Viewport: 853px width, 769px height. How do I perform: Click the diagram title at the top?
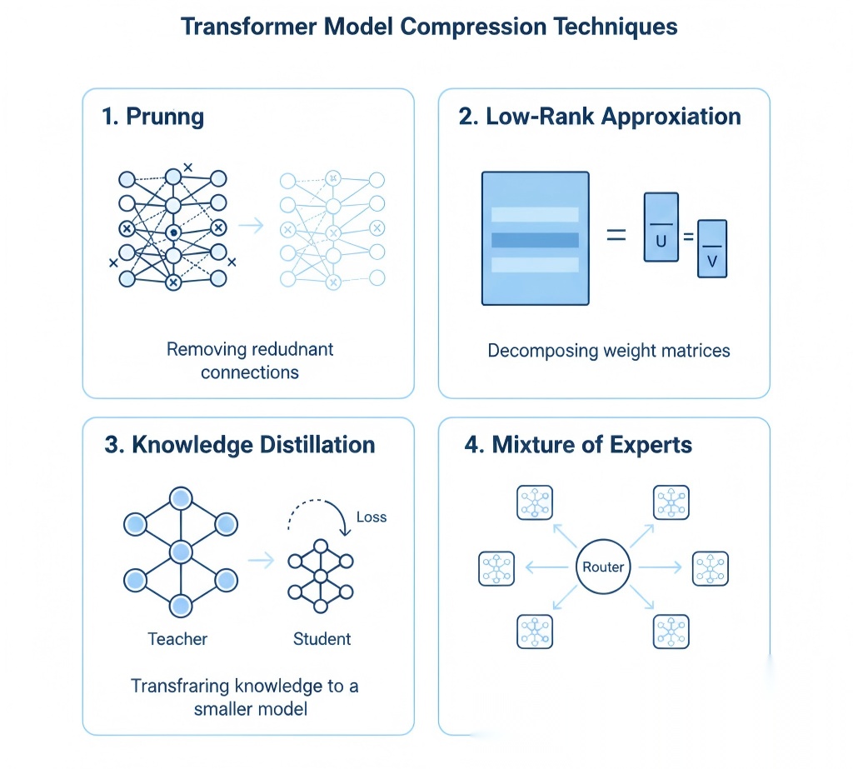(x=429, y=27)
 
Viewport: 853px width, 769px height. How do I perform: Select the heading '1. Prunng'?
(x=152, y=117)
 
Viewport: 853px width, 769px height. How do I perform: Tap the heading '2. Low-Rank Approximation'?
(x=600, y=117)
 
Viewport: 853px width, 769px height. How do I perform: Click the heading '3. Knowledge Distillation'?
(x=240, y=444)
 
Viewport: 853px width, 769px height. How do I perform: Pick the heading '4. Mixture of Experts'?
(x=578, y=444)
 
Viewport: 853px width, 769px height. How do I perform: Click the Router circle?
(x=603, y=567)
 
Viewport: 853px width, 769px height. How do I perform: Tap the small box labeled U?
(x=661, y=227)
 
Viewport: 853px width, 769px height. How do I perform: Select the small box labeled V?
(x=711, y=248)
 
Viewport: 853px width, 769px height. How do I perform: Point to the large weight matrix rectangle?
(x=536, y=238)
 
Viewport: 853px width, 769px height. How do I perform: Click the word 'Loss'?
(x=371, y=517)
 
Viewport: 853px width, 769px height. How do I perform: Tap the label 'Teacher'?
(x=177, y=639)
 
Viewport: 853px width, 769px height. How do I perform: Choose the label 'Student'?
(x=322, y=639)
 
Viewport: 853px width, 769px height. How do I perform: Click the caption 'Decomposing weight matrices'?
(x=609, y=350)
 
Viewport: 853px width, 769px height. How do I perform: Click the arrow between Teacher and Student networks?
(x=262, y=561)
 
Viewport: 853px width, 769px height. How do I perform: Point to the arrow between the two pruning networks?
(x=251, y=226)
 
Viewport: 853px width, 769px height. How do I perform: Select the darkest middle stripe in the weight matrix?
(x=536, y=240)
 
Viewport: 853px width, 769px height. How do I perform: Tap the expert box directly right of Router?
(x=711, y=567)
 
